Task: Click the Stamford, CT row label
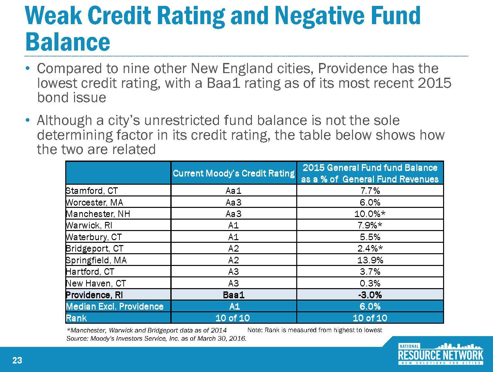[92, 191]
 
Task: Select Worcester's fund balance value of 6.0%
[370, 202]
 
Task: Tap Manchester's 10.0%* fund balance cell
[370, 214]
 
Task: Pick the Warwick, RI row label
[89, 225]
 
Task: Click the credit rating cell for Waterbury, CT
[234, 237]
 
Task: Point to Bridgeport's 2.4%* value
[370, 249]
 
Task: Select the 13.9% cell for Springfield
[370, 260]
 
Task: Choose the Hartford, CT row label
[90, 271]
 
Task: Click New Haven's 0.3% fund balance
[370, 283]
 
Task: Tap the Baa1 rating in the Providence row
[234, 295]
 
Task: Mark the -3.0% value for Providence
[370, 295]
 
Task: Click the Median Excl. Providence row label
[115, 306]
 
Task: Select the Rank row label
[76, 318]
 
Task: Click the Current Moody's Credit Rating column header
[234, 173]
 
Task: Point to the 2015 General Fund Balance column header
[370, 173]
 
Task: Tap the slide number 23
[17, 360]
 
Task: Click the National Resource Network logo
[440, 354]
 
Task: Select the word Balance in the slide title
[68, 42]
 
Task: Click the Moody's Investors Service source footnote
[156, 339]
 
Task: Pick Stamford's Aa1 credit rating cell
[234, 191]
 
